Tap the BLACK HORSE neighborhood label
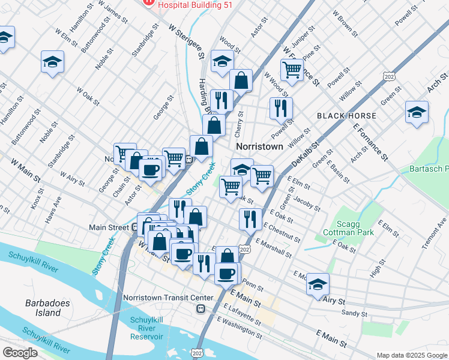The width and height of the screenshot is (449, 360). (x=346, y=115)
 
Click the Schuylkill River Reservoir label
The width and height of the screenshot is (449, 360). (x=147, y=328)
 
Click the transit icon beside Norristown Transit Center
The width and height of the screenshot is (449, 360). (x=201, y=309)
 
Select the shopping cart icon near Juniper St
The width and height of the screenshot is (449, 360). (x=292, y=69)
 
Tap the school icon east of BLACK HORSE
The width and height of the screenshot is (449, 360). (x=417, y=112)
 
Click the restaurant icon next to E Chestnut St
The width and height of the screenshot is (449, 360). (x=250, y=219)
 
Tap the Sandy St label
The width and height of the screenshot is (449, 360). (x=354, y=313)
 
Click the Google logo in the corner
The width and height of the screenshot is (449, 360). (x=20, y=353)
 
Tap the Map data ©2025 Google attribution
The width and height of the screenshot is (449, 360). (x=411, y=355)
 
